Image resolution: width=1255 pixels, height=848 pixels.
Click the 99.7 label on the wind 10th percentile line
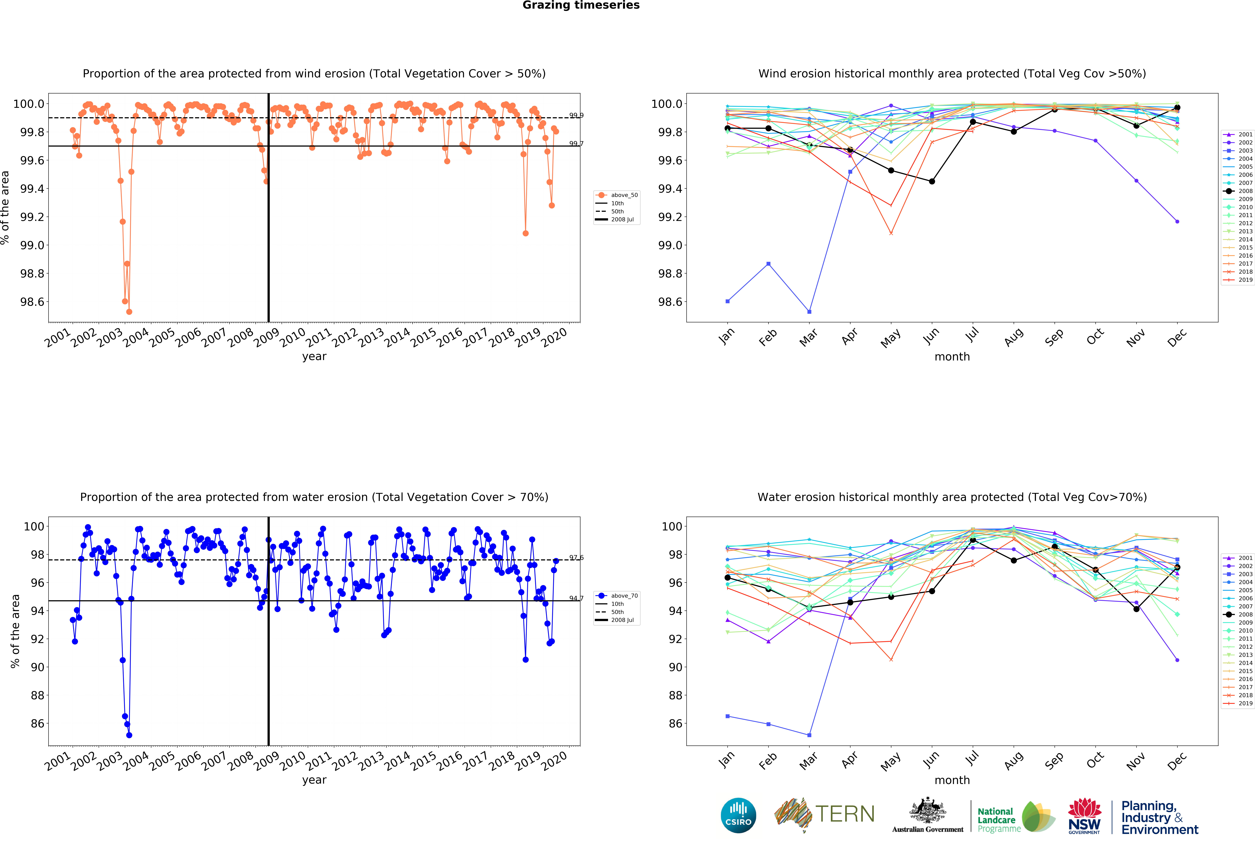[576, 144]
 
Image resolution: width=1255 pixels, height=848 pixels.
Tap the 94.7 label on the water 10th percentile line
[576, 599]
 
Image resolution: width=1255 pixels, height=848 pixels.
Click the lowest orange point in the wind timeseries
[129, 312]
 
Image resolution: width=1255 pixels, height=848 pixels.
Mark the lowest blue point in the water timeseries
[129, 735]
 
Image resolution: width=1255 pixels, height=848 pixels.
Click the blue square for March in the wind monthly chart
[809, 312]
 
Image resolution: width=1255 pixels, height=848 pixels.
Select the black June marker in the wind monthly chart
[932, 181]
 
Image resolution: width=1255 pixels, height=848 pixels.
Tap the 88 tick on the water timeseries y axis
[37, 695]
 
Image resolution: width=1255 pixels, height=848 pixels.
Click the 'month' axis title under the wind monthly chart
[952, 357]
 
